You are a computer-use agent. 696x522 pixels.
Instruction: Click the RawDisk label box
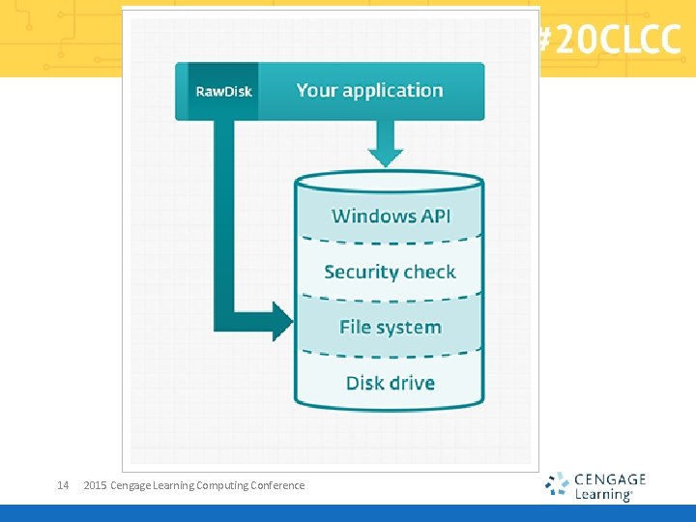223,92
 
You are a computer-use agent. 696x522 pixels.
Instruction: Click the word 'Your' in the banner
317,91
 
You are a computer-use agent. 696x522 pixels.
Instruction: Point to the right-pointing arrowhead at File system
282,321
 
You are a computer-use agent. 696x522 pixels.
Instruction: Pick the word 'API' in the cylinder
433,216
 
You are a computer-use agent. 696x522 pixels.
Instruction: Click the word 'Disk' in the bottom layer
364,383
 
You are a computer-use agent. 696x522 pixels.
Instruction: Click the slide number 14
63,485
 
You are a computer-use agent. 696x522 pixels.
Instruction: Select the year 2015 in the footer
96,485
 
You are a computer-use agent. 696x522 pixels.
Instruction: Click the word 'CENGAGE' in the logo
610,478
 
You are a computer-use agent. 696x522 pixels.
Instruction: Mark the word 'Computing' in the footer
222,485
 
